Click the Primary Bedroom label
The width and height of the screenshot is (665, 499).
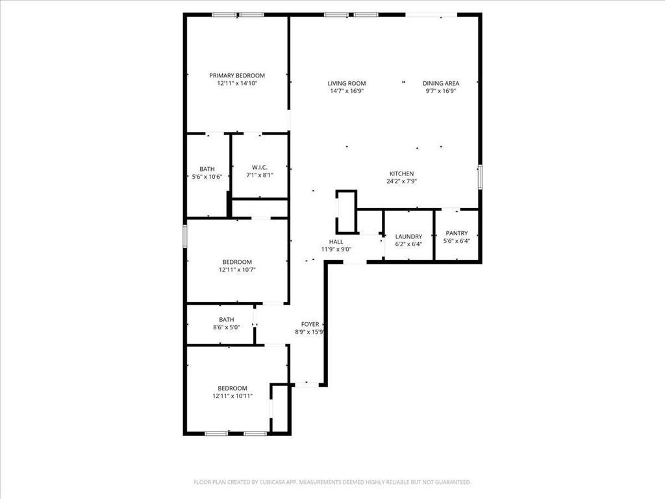tap(237, 75)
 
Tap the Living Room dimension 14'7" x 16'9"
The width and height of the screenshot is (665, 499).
tap(347, 91)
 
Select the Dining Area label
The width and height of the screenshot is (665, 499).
tap(441, 83)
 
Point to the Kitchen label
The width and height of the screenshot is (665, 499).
tap(401, 173)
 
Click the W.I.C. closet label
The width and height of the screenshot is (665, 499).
tap(260, 167)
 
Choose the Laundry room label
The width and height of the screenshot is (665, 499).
tap(409, 237)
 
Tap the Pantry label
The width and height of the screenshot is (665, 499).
tap(457, 233)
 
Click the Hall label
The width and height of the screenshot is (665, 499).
tap(336, 242)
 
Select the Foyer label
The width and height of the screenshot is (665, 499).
tap(310, 324)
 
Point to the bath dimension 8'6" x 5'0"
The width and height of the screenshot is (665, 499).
tap(227, 327)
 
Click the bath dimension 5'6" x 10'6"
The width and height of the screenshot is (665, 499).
tap(207, 177)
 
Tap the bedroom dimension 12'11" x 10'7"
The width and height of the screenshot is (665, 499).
tap(237, 270)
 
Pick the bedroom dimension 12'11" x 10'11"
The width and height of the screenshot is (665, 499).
tap(232, 396)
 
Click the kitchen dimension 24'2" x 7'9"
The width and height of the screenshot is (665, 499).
tap(401, 181)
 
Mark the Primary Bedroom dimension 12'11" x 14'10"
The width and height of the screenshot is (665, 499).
tap(237, 83)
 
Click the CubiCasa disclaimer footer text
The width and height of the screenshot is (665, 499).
tap(332, 482)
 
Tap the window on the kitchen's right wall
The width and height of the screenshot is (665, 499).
tap(480, 177)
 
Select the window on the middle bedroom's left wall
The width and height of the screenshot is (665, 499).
tap(185, 236)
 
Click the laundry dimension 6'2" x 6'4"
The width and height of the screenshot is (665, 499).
tap(409, 244)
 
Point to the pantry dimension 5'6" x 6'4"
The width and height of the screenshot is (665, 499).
tap(457, 240)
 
